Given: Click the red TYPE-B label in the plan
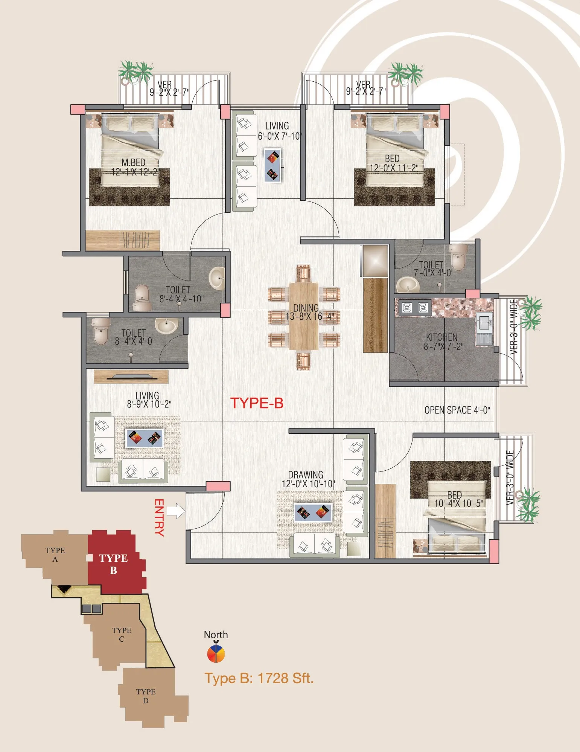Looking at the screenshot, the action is (x=257, y=403).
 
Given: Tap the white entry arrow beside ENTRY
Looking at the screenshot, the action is (x=176, y=511).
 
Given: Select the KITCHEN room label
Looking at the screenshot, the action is (x=441, y=337).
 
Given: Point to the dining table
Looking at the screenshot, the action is (x=304, y=316).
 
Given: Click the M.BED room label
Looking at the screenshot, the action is (x=133, y=163).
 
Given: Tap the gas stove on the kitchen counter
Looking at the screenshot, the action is (x=415, y=308).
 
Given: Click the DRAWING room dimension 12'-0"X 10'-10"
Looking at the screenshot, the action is (x=308, y=484).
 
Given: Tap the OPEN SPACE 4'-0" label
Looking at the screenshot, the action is (x=457, y=410).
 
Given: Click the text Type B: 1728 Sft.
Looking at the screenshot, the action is (x=259, y=678).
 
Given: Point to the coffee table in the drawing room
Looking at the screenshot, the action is (x=313, y=512).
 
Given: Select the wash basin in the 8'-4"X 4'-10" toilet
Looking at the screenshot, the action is (x=217, y=278).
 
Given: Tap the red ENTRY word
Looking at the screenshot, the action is (x=159, y=517).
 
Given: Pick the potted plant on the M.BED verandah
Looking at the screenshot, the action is (x=135, y=72).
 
